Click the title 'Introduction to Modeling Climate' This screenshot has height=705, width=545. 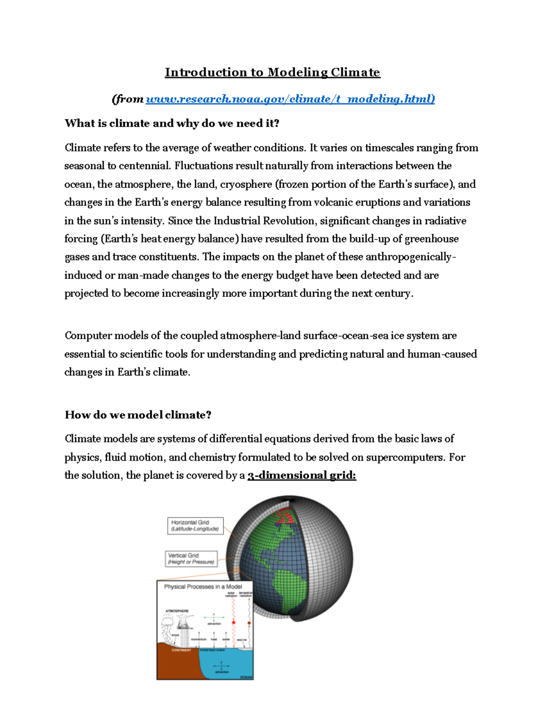(x=272, y=73)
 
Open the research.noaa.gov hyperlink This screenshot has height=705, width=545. (x=290, y=99)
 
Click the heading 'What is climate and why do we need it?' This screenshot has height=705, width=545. (x=172, y=123)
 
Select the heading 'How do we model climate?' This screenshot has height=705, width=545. (x=138, y=415)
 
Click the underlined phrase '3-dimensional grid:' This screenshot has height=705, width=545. (x=302, y=475)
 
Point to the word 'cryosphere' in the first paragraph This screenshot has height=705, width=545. (x=246, y=184)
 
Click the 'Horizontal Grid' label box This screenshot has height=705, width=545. (x=195, y=526)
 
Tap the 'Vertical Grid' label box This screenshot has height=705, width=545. (x=191, y=559)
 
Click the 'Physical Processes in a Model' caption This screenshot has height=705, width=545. (x=203, y=587)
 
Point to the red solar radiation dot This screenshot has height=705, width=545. (x=234, y=623)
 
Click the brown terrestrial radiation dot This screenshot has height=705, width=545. (x=249, y=623)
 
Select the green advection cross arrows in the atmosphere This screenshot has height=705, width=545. (x=214, y=618)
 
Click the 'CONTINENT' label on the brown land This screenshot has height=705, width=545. (x=181, y=650)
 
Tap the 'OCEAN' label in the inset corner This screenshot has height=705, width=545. (x=246, y=677)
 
